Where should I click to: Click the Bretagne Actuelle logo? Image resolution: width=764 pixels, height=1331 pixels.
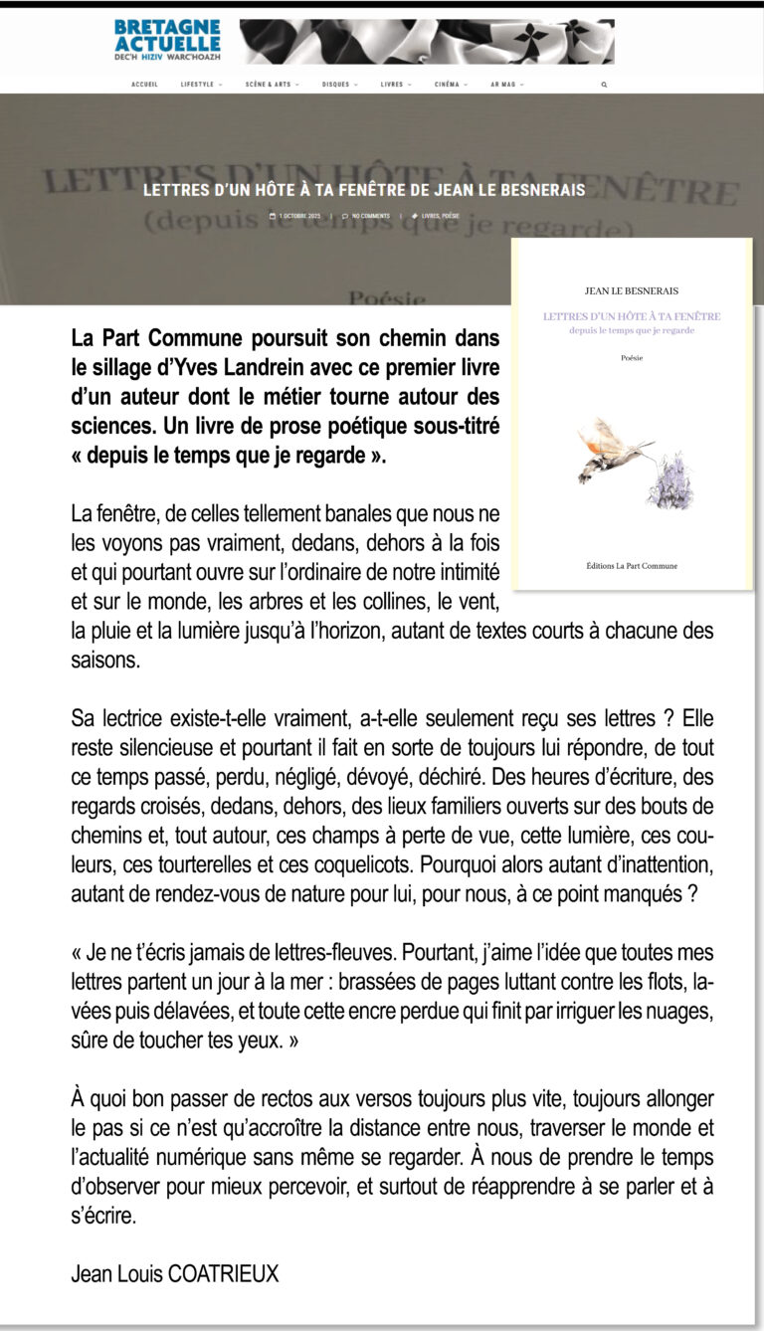click(167, 41)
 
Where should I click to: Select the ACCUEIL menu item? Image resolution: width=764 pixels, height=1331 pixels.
click(144, 85)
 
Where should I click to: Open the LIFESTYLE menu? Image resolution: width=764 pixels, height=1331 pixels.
click(200, 85)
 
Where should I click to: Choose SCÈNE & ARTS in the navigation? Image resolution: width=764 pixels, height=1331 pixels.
click(271, 85)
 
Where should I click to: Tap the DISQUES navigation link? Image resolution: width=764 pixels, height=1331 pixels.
click(338, 85)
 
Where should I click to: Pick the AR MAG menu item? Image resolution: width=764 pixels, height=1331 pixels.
click(505, 85)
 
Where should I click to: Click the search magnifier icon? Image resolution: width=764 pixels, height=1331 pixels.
click(604, 85)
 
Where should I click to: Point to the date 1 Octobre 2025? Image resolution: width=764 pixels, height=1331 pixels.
click(296, 216)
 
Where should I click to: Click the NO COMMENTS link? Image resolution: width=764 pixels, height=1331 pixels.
click(368, 216)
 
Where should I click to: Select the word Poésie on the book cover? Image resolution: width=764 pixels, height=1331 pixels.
click(632, 357)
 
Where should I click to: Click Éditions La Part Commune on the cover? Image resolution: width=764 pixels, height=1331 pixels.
click(632, 566)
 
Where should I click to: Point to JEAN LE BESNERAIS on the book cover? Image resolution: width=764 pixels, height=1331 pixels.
click(632, 291)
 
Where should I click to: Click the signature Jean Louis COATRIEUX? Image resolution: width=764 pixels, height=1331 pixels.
click(175, 1272)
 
